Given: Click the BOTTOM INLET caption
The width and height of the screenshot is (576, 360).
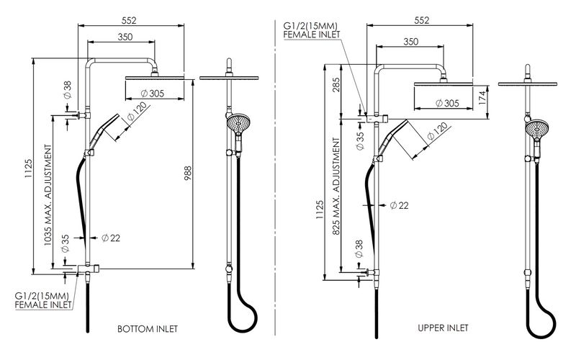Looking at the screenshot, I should [x=148, y=329].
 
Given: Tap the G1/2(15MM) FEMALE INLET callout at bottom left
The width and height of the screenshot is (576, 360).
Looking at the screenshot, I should [x=43, y=300].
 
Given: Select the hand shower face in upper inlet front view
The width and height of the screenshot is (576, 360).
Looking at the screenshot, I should [x=533, y=129].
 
